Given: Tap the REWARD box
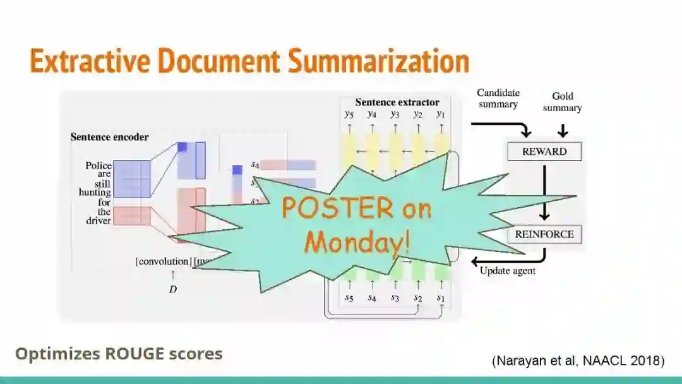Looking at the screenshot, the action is point(544,152).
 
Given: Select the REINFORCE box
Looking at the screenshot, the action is point(544,234).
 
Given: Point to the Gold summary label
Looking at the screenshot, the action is point(562,102).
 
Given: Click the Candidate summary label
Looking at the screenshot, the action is point(498,99).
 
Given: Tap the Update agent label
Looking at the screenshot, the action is point(508,271).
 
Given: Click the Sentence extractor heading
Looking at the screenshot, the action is point(397,102).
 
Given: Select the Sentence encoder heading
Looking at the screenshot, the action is point(109,136).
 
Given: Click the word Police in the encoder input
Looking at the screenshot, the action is point(99,165).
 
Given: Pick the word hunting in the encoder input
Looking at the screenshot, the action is point(95,193).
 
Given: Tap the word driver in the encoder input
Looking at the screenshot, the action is point(99,220).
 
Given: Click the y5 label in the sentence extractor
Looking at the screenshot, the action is point(349,114).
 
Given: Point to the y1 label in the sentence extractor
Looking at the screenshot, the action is point(440,114).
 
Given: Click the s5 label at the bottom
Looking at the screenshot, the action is point(349,298).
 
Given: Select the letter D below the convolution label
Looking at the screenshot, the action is point(172,289).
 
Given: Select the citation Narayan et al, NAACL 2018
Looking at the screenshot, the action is point(578,361).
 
